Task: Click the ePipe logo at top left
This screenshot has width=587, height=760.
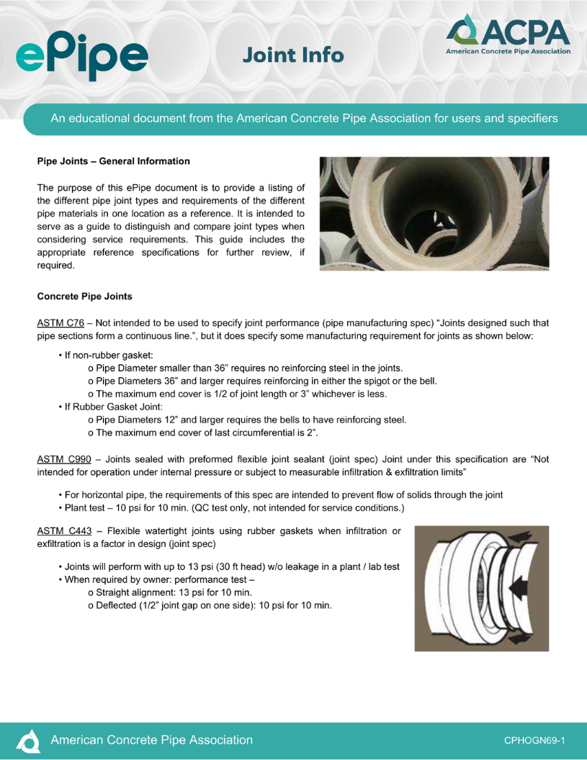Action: [81, 53]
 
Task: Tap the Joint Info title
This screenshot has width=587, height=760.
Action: [292, 55]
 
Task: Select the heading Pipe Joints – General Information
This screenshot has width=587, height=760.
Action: [113, 161]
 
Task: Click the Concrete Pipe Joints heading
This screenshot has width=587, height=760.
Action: [84, 296]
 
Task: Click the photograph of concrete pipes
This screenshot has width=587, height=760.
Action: [434, 214]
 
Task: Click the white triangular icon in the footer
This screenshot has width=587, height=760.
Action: [29, 740]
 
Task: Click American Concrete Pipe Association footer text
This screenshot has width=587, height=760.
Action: [151, 740]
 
